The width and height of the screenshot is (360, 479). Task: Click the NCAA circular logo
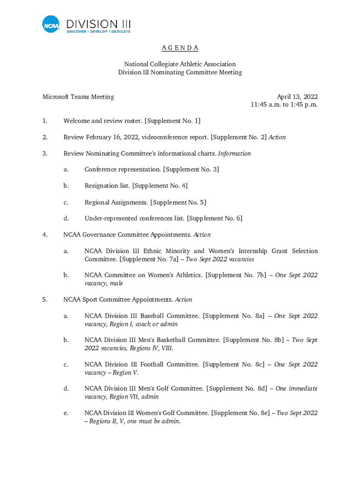coord(51,24)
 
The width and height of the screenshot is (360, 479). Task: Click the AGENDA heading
coord(180,48)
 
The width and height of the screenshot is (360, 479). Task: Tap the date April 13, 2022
coord(297,97)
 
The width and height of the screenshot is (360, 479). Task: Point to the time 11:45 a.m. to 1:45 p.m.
coord(284,105)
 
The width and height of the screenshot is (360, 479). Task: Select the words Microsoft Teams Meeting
coord(78,97)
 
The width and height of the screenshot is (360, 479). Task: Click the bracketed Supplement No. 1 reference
coord(173,121)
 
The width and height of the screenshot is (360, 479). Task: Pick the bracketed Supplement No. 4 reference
coord(160,186)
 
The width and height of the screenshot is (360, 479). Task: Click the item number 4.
coord(45,234)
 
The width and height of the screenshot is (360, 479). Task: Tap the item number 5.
coord(45,299)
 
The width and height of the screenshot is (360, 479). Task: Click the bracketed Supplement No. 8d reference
coord(237,388)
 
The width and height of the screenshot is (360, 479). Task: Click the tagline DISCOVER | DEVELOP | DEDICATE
coord(99,31)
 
